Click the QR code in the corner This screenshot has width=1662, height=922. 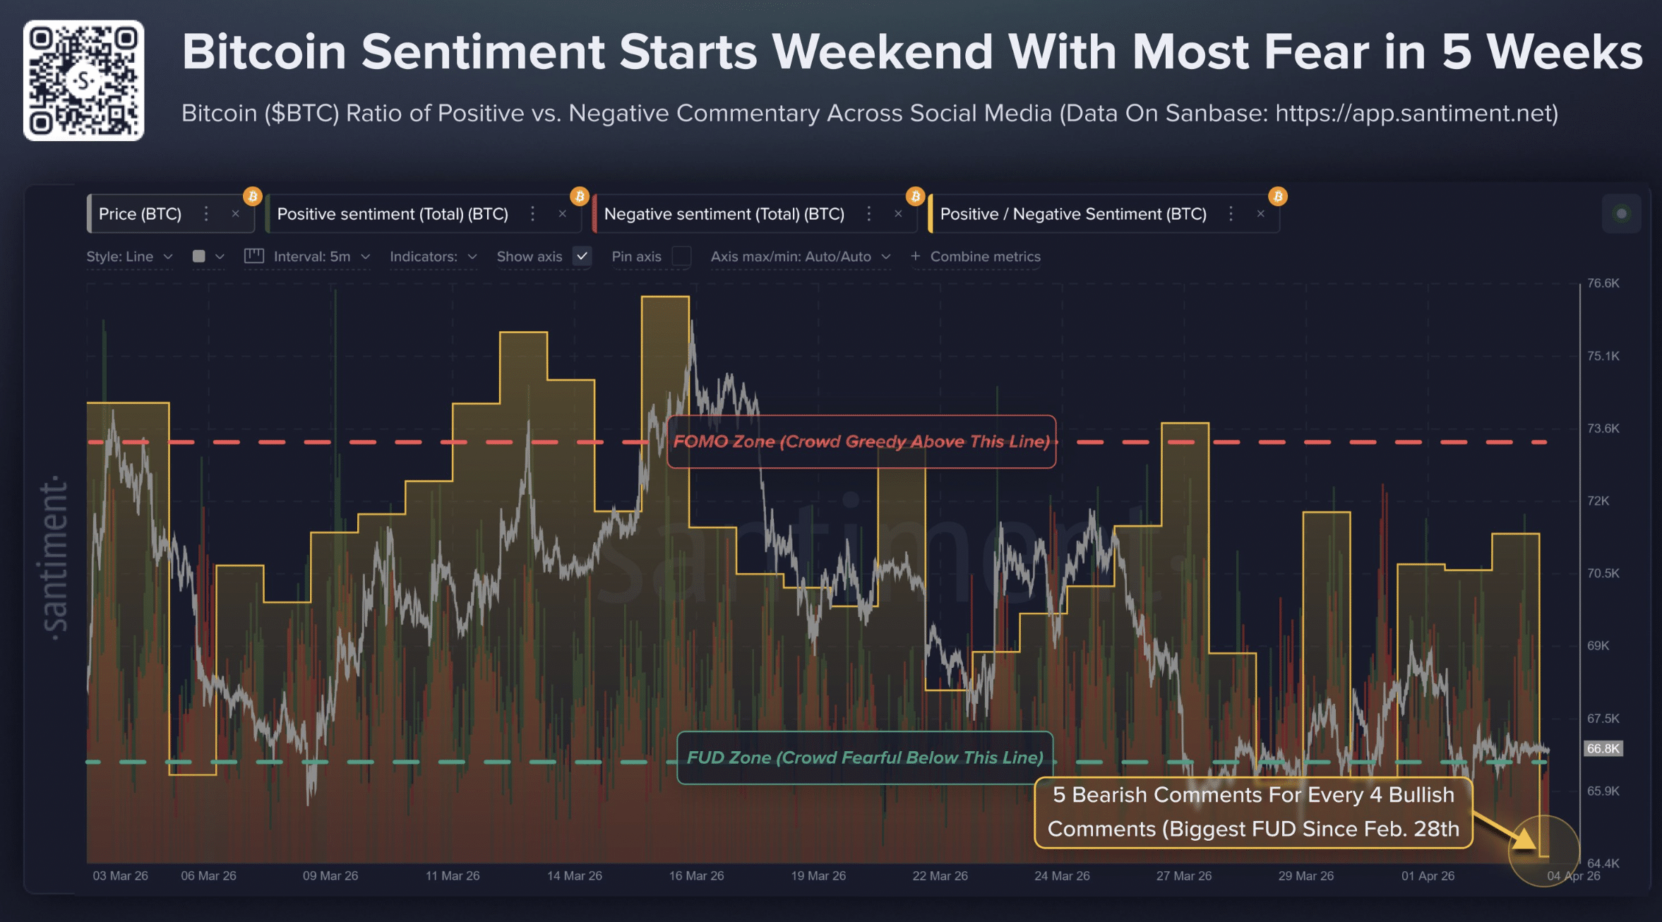[83, 80]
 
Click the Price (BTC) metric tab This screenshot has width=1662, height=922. [140, 214]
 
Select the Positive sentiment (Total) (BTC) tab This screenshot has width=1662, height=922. [392, 214]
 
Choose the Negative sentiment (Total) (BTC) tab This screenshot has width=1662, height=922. [724, 214]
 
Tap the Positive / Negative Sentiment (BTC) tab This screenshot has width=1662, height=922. [1072, 214]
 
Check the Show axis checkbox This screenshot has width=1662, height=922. [582, 256]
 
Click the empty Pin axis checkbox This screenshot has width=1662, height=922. [681, 256]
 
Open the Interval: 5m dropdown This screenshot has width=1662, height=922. [321, 257]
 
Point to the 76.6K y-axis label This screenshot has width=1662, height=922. [1603, 283]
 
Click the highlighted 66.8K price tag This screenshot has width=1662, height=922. [1603, 748]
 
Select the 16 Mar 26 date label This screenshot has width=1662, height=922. [696, 876]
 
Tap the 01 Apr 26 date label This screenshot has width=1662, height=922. [1428, 876]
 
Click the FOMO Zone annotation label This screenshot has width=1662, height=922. [861, 442]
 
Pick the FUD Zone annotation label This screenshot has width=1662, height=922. [865, 758]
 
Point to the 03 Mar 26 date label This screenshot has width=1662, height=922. [120, 876]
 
